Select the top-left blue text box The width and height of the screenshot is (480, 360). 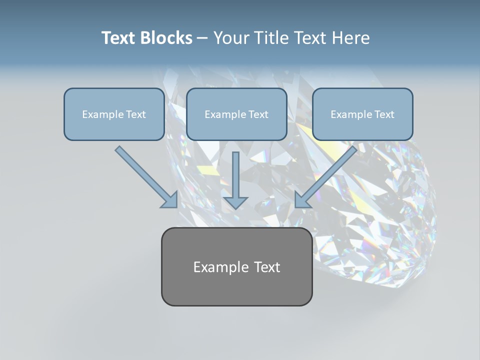114,114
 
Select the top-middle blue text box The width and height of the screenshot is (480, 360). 236,114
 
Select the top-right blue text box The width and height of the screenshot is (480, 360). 362,114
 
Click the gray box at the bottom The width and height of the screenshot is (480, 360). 236,266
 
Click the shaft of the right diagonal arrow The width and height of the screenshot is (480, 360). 332,170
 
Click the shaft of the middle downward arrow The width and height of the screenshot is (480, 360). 235,172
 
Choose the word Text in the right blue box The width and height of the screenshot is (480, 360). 384,114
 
